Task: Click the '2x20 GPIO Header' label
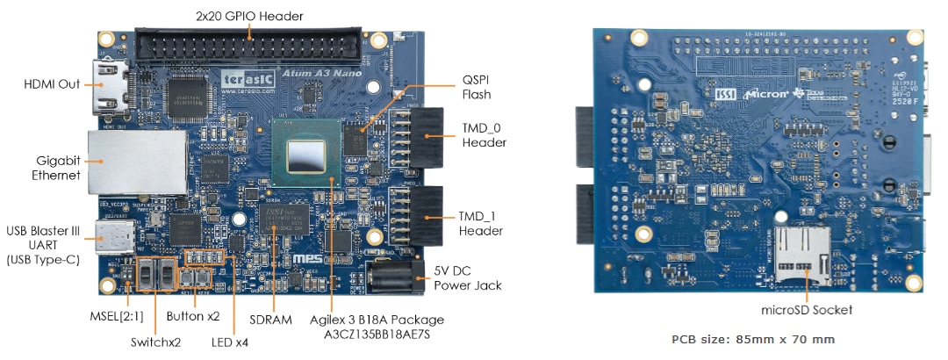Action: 250,16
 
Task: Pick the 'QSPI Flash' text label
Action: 477,86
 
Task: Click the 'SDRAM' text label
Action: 270,320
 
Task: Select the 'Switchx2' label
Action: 155,342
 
